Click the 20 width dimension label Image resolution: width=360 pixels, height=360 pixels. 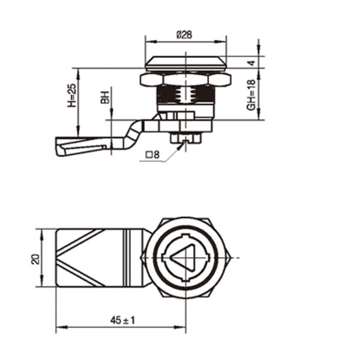pos(34,259)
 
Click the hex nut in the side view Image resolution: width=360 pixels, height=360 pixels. pos(185,80)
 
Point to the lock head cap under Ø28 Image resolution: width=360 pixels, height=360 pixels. pos(185,62)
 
